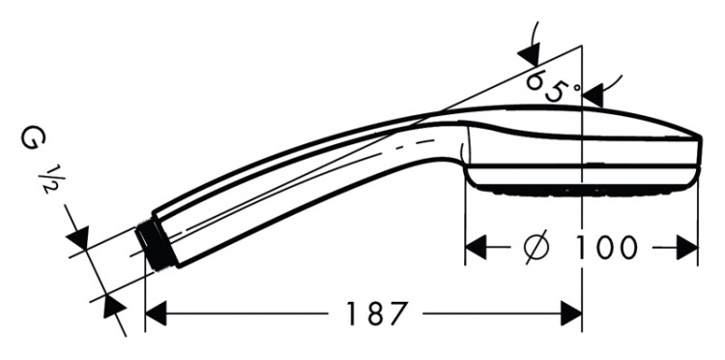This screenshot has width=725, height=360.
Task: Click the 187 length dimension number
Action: coord(377,314)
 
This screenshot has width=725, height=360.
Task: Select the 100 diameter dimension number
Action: coord(606,247)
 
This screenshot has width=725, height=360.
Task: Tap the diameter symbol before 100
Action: coord(536,247)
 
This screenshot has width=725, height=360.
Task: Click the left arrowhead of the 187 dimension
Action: coord(156,314)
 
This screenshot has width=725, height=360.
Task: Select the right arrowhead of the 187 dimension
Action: coord(571,314)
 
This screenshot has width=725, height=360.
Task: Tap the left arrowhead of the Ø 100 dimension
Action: coord(476,247)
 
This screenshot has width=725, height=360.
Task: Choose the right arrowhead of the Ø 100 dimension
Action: coord(687,247)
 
